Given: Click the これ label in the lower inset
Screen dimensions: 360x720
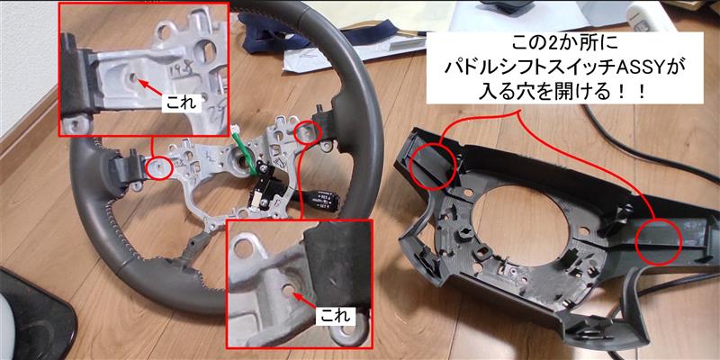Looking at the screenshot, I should pyautogui.click(x=332, y=315).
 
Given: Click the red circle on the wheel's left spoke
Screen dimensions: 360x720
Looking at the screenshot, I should pyautogui.click(x=159, y=166).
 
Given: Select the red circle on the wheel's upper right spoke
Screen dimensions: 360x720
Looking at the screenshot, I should pyautogui.click(x=309, y=131).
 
